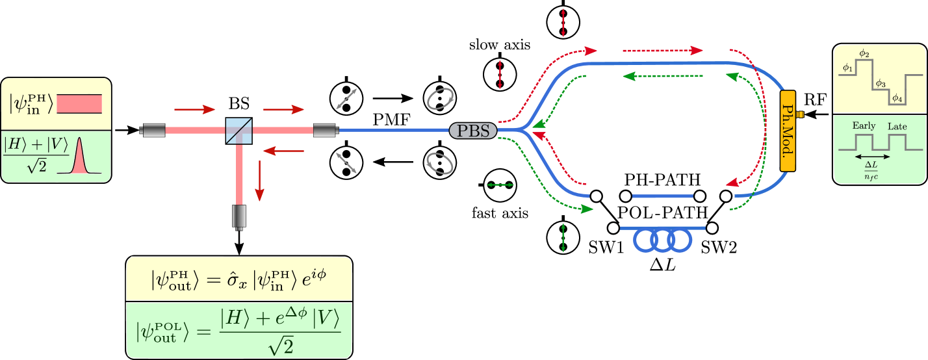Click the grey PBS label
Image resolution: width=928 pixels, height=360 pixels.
473,130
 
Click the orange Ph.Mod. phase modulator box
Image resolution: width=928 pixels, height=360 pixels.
788,131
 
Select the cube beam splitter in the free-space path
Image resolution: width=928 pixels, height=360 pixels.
238,131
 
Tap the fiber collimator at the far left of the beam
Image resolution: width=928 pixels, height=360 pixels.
153,131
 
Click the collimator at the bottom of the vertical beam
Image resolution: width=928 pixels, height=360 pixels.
239,216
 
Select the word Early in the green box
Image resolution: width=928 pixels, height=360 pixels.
864,126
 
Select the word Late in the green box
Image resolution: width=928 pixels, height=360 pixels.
897,126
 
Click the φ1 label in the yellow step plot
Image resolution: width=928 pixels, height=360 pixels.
847,68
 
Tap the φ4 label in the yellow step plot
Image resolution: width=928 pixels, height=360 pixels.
897,98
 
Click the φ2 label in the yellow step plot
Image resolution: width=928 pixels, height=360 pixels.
864,53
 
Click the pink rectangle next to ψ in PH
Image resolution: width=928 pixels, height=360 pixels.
79,104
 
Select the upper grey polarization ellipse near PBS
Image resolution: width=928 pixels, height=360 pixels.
441,99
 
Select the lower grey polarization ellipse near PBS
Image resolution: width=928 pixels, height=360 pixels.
440,162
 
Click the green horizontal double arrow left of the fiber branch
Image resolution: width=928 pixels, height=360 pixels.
500,185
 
